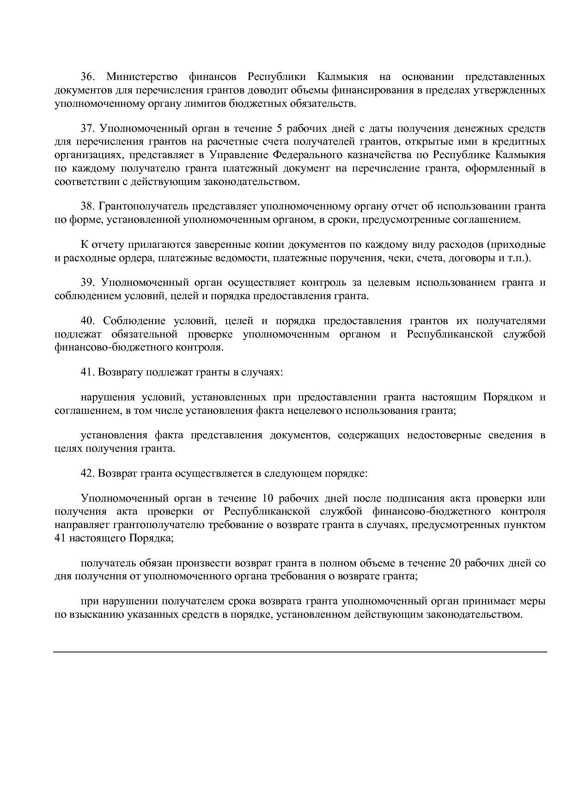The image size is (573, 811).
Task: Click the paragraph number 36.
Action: coord(88,76)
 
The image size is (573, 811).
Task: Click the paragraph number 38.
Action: coord(88,206)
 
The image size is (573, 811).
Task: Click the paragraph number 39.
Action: coord(88,283)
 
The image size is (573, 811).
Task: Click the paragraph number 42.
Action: coord(88,473)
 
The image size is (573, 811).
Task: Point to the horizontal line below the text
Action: coord(300,652)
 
